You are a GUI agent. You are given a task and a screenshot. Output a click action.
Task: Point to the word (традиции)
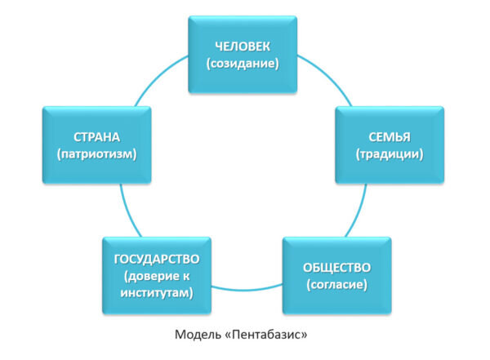coord(390,153)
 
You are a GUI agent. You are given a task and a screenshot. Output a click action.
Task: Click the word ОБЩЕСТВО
coord(336,267)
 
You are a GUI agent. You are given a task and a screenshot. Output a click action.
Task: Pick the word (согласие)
coord(336,285)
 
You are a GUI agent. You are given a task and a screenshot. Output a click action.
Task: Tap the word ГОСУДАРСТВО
coord(157,259)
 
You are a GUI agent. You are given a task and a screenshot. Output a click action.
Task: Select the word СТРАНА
coord(91,136)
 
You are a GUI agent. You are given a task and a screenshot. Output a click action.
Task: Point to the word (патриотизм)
coord(91,153)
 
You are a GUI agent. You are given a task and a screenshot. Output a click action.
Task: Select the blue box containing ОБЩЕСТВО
coord(336,275)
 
